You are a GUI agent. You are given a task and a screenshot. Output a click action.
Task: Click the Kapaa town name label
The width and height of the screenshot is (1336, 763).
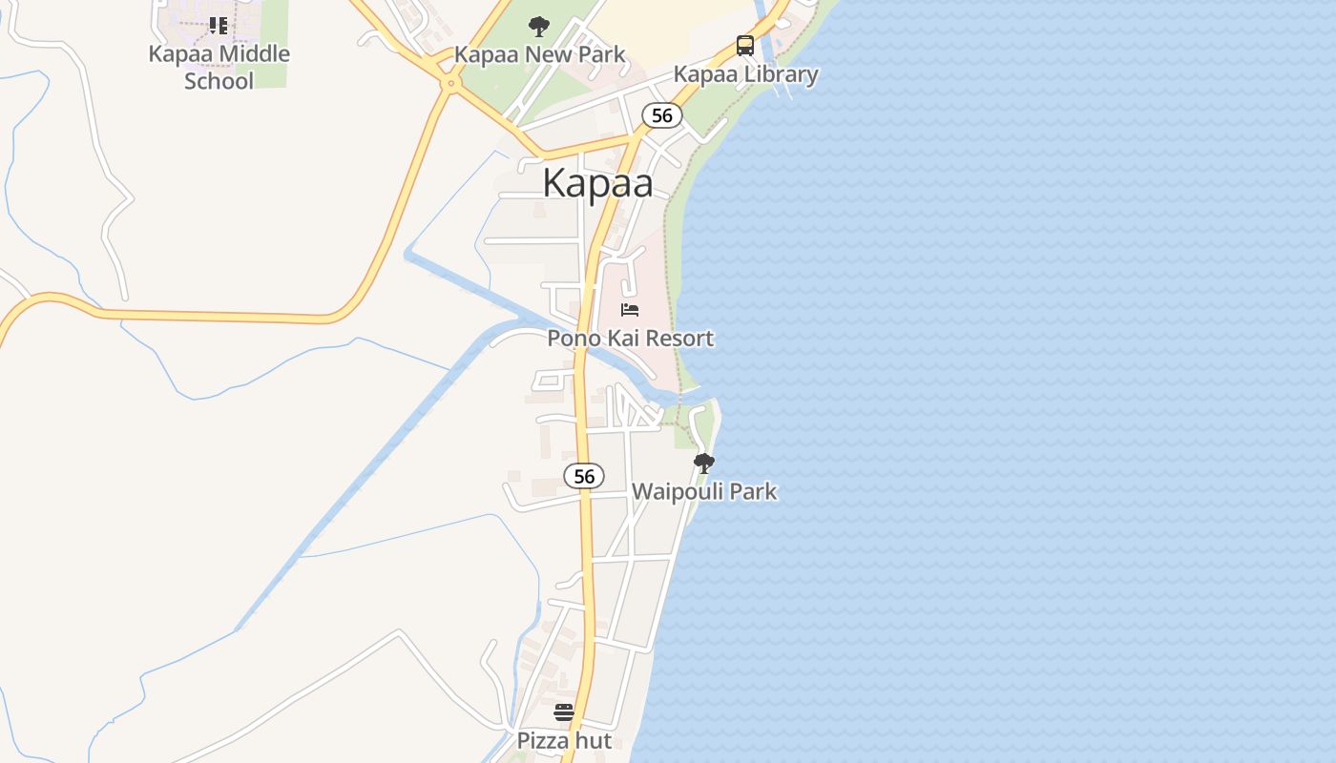coord(597,183)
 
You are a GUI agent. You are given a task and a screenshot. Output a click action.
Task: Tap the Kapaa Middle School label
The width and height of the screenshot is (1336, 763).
coord(219,67)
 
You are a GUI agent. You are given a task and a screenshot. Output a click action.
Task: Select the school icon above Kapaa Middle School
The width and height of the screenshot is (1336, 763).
coord(219,26)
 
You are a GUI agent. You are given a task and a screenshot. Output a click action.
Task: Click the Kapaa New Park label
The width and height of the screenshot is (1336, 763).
coord(539,54)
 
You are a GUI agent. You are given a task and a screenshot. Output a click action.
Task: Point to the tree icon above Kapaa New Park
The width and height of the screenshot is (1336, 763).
coord(539,26)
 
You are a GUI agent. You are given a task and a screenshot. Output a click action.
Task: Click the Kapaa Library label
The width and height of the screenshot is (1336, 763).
coord(745,74)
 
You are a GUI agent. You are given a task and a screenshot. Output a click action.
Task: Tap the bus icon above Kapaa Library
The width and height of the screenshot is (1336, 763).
coord(745,46)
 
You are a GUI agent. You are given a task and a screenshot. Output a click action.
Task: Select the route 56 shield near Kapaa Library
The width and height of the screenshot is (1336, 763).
coord(662,115)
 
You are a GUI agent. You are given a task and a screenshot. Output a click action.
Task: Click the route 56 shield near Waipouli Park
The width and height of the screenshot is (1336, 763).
coord(584,476)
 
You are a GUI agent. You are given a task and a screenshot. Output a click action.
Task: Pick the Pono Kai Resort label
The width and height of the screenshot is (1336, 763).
coord(630,338)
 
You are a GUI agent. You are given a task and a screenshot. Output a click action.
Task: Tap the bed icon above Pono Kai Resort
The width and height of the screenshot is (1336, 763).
coord(630,309)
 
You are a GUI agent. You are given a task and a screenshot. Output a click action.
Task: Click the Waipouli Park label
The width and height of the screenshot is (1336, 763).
coord(704,492)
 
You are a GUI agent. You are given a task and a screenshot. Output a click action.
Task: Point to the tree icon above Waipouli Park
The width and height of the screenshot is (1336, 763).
coord(704,464)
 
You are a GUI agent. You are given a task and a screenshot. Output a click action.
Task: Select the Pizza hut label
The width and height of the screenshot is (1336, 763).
coord(564,740)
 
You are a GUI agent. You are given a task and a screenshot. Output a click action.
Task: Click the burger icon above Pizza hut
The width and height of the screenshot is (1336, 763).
coord(564,712)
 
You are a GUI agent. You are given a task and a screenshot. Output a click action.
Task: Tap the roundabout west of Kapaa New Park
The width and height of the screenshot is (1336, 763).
coord(449,84)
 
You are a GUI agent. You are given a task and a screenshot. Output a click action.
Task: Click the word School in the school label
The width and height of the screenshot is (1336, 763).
coord(219,81)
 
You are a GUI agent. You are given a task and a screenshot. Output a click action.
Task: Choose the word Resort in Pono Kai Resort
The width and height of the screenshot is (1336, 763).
coord(679,338)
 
